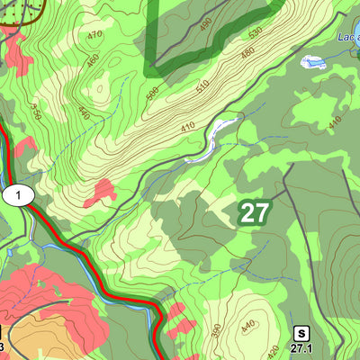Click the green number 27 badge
254,213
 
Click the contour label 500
151,95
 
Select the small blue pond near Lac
313,63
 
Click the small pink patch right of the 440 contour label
103,192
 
